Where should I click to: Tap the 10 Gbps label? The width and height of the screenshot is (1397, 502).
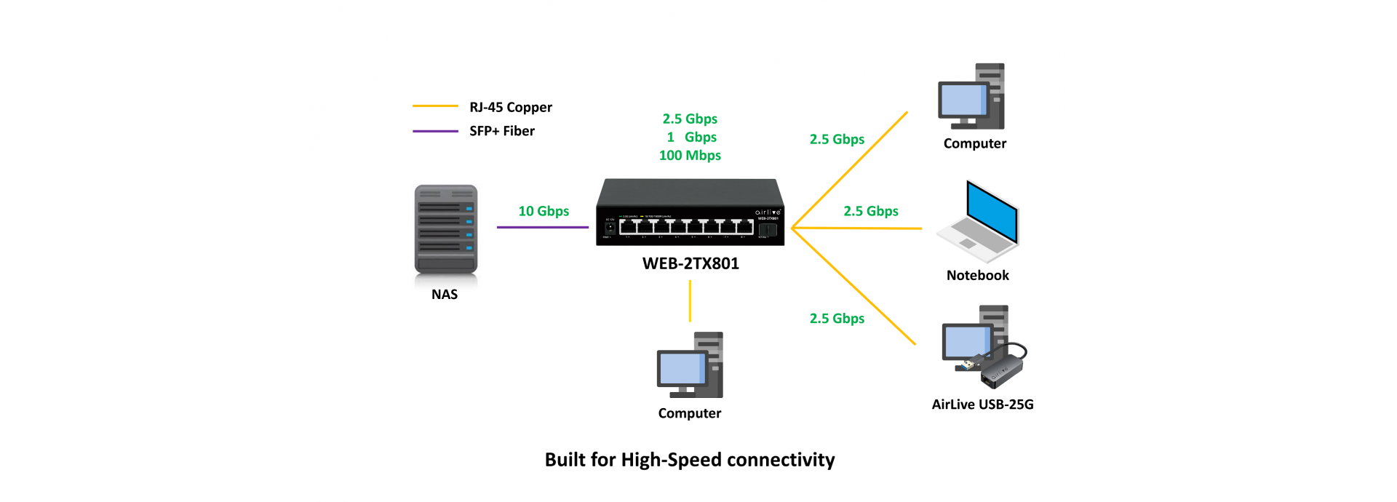pyautogui.click(x=544, y=211)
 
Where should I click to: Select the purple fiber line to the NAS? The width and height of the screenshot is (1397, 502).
pyautogui.click(x=542, y=227)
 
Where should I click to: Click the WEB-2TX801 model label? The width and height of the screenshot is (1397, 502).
pyautogui.click(x=690, y=263)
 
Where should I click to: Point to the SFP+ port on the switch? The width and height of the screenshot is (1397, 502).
pyautogui.click(x=766, y=230)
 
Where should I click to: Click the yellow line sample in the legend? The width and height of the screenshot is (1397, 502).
pyautogui.click(x=435, y=106)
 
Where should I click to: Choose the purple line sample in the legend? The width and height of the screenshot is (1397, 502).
pyautogui.click(x=435, y=131)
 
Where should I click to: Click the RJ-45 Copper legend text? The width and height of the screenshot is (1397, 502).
pyautogui.click(x=511, y=107)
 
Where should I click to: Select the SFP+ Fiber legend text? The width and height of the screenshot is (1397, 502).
pyautogui.click(x=502, y=131)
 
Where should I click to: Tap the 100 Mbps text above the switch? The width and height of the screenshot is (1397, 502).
pyautogui.click(x=690, y=155)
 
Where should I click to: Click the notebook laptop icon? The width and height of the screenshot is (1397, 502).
pyautogui.click(x=979, y=221)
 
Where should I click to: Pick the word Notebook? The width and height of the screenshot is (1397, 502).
pyautogui.click(x=977, y=275)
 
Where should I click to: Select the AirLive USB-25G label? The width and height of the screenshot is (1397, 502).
pyautogui.click(x=982, y=405)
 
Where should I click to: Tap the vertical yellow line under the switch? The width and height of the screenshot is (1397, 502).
pyautogui.click(x=690, y=300)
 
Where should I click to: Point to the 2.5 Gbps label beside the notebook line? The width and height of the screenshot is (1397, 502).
pyautogui.click(x=870, y=211)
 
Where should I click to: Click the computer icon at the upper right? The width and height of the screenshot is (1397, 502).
pyautogui.click(x=972, y=96)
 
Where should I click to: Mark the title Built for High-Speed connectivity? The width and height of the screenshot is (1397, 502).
pyautogui.click(x=690, y=460)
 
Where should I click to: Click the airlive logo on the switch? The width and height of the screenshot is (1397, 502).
pyautogui.click(x=768, y=212)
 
